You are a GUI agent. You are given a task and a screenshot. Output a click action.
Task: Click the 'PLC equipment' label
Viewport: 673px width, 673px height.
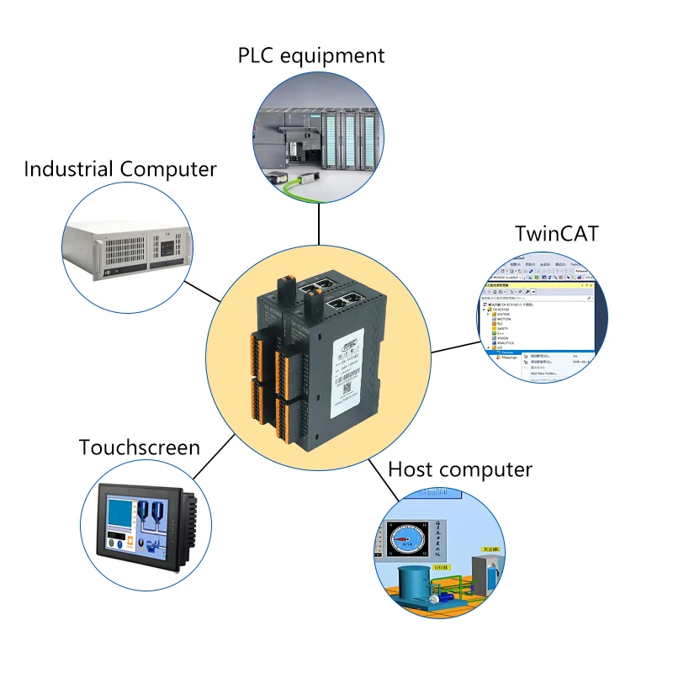(x=311, y=56)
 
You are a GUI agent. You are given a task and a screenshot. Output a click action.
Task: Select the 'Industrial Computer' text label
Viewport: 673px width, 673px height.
(x=120, y=169)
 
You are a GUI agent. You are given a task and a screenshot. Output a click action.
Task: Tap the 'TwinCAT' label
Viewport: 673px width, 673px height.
(x=556, y=233)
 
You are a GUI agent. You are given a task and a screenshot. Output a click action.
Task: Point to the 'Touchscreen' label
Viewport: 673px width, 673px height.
(x=140, y=447)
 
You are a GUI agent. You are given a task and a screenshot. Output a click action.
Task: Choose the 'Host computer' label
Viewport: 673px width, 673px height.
(x=460, y=469)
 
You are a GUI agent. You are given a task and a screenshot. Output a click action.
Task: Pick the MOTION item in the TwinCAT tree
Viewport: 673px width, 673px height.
(x=505, y=319)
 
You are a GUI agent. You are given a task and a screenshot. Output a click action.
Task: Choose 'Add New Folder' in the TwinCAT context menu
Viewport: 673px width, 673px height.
(x=546, y=373)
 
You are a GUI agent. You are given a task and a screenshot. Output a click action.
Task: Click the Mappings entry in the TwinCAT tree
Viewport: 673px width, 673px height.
(x=508, y=358)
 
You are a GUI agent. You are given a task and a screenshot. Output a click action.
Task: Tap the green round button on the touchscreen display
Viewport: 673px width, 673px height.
(x=119, y=543)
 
